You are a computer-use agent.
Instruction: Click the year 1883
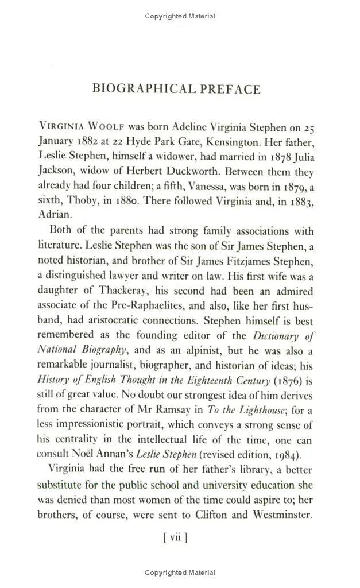point(300,201)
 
